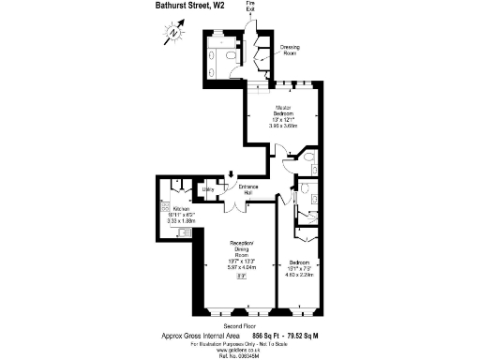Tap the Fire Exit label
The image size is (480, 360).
(250, 7)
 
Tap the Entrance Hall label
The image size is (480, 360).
(248, 190)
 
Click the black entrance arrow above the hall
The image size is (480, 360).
(232, 174)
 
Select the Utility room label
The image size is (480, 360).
(209, 189)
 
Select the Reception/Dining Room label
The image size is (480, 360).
(243, 248)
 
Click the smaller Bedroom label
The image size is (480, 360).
(300, 262)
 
